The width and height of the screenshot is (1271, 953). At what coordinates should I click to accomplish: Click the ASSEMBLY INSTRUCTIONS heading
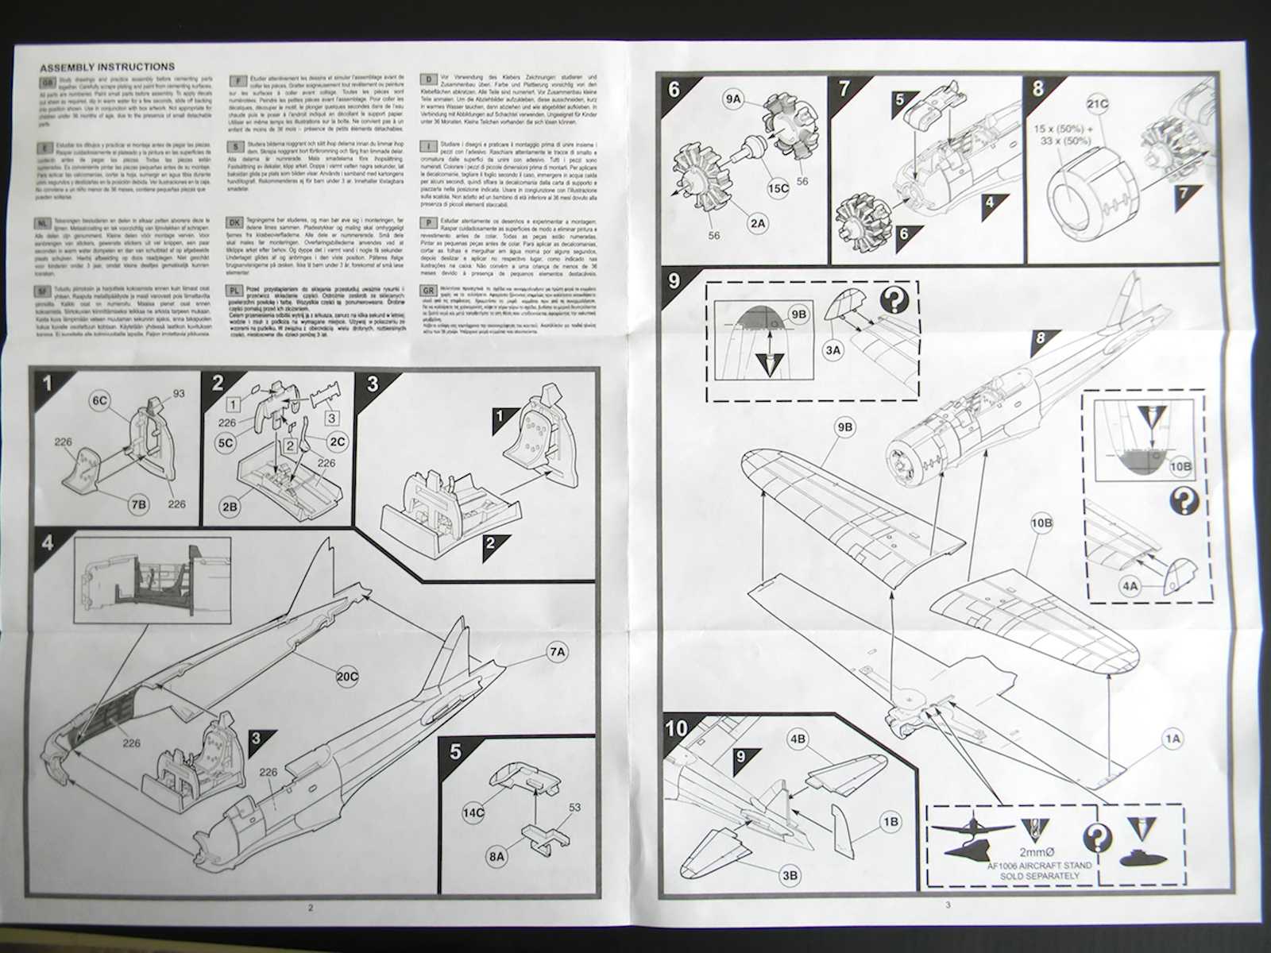[107, 68]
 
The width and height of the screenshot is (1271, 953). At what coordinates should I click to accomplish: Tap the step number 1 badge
[48, 385]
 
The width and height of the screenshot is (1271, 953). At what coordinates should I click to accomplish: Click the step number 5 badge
[455, 751]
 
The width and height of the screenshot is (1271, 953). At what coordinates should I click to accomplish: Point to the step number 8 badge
[1038, 87]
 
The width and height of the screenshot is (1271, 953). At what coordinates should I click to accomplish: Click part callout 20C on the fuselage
[347, 677]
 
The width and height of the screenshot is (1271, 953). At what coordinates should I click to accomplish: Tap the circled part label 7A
[557, 652]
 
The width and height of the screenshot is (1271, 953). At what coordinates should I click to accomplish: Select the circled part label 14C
[474, 813]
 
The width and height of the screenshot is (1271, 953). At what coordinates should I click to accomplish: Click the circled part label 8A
[496, 857]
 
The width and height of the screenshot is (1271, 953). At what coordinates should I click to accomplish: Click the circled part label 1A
[1172, 739]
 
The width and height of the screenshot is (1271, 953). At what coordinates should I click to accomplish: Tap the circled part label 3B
[790, 875]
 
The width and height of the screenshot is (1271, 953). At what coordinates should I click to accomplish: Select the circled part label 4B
[797, 739]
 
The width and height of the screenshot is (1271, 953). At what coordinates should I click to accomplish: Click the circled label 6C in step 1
[100, 402]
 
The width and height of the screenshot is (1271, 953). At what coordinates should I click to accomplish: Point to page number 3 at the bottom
[947, 905]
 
